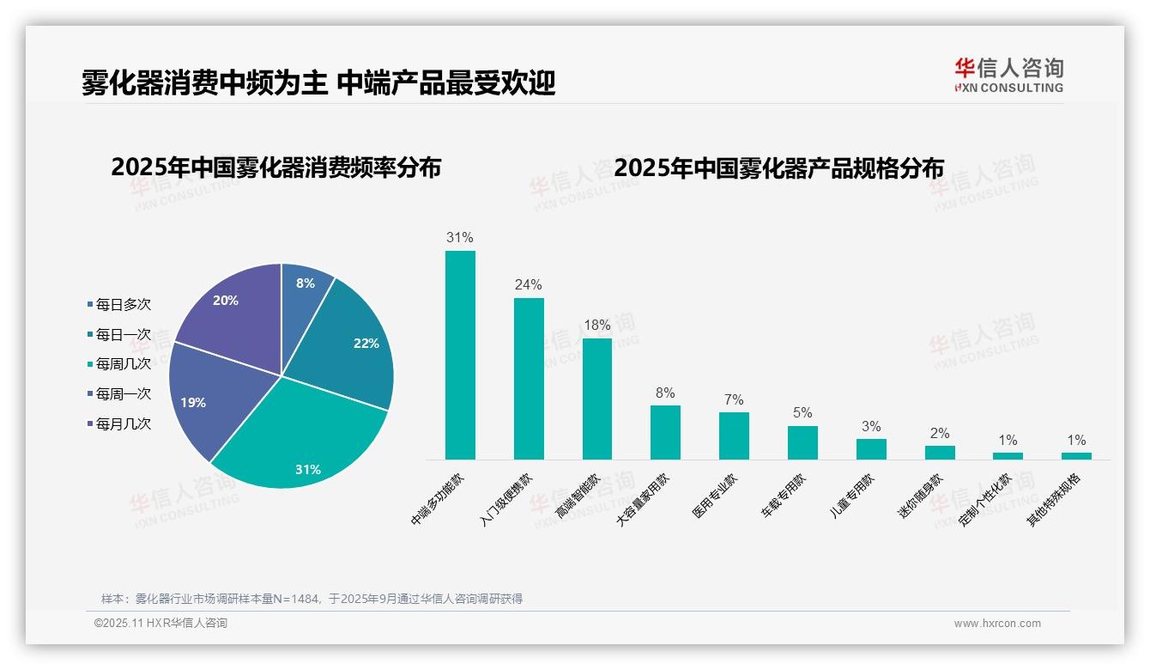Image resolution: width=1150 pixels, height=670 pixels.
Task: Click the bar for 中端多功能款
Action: click(460, 355)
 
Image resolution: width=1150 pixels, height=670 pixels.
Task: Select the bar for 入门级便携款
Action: click(529, 378)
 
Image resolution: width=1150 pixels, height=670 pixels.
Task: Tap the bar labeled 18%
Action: click(597, 399)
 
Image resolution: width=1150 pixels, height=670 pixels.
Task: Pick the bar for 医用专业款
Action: click(734, 435)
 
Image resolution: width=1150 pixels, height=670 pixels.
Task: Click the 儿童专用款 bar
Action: click(871, 449)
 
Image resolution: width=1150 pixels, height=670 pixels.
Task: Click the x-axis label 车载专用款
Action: click(784, 496)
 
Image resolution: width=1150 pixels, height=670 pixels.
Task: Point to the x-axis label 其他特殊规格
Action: click(1055, 500)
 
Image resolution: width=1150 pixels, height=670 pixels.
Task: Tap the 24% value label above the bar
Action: click(528, 285)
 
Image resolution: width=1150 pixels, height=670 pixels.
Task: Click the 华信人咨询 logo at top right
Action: click(1008, 75)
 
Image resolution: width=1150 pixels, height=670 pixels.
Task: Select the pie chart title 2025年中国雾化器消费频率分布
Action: click(275, 167)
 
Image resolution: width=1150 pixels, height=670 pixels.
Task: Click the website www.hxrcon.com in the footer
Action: click(997, 624)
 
